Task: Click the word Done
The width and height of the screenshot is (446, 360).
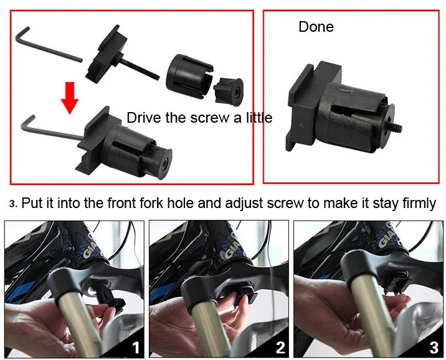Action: point(316,27)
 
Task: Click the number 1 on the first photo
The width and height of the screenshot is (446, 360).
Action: point(136,348)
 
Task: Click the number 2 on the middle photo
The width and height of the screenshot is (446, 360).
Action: point(280,348)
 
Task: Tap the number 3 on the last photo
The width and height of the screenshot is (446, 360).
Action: point(434,348)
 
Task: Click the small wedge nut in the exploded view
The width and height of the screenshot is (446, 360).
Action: point(228,91)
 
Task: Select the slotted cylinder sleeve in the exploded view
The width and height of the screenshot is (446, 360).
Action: point(189,76)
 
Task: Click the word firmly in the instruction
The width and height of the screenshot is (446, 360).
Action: point(419,204)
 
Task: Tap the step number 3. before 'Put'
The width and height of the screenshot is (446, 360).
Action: point(13,204)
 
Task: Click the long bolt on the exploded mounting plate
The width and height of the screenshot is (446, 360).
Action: point(140,68)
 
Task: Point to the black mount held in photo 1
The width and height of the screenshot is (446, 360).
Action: point(110,298)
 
